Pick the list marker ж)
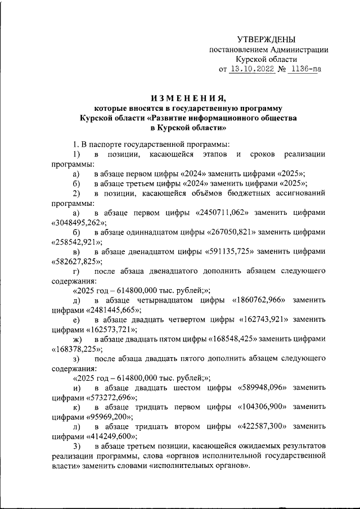[x=77, y=340]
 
